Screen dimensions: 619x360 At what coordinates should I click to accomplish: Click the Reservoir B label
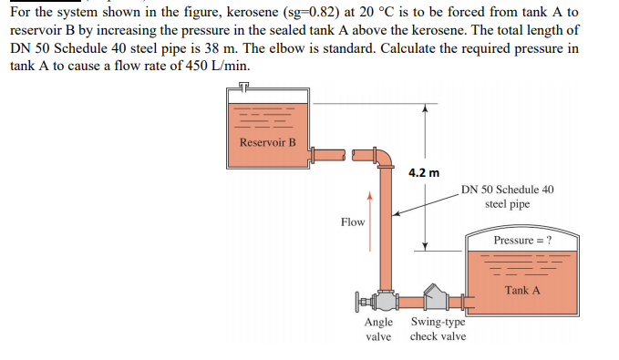[268, 142]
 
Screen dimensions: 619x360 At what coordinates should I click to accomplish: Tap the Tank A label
[522, 290]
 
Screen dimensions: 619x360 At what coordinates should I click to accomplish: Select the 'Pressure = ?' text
[522, 241]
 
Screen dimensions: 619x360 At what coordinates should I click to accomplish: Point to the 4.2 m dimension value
[424, 172]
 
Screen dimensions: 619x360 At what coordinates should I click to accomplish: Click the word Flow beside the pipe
[352, 222]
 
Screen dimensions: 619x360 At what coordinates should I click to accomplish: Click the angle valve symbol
[385, 300]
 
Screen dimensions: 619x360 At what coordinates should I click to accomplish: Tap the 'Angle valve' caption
[378, 330]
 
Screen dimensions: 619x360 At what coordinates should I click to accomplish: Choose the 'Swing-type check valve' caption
[438, 330]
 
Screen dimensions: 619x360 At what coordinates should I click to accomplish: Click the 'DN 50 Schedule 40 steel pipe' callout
[507, 197]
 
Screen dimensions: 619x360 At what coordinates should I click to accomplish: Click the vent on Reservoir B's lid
[243, 87]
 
